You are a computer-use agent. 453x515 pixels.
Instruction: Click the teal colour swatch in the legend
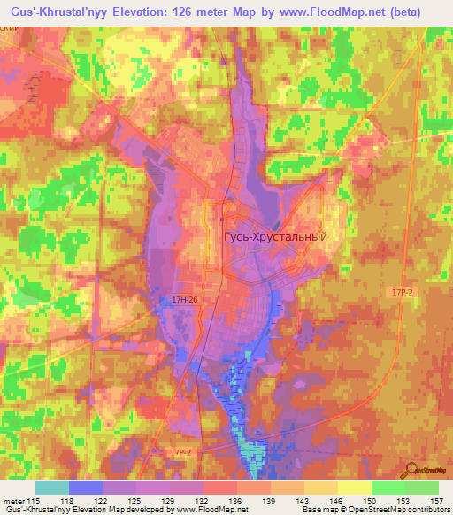coord(51,488)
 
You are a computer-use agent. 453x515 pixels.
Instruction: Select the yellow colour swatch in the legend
coord(354,488)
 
